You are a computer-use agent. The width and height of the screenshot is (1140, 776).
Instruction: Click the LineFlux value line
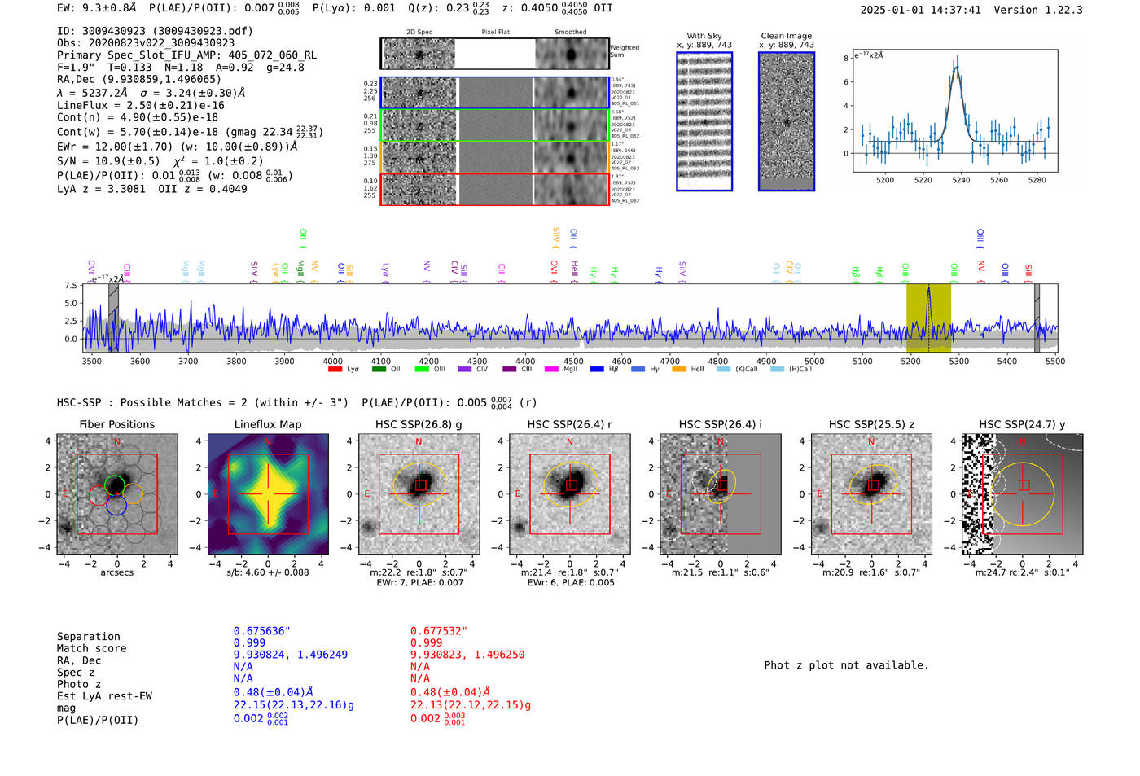point(141,105)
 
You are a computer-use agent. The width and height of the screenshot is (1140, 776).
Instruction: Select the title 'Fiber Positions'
point(116,424)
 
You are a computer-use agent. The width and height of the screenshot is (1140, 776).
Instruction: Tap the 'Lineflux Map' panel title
point(267,424)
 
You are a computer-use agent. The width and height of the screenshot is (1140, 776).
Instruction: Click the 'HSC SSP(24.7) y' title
point(1022,424)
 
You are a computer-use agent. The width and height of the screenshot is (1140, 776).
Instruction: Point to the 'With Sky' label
point(704,36)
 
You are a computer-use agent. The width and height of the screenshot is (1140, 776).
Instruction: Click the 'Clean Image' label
point(786,36)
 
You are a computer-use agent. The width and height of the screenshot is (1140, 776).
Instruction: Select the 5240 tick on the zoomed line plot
point(961,180)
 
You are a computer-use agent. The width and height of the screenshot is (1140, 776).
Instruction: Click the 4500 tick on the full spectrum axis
point(573,362)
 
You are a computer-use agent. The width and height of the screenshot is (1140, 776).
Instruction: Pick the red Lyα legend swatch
point(335,370)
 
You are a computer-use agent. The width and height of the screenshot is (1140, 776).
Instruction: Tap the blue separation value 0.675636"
point(261,631)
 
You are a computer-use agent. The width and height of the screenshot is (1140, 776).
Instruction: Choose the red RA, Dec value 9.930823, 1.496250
point(467,654)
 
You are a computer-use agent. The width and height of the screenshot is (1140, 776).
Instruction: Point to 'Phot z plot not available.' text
point(846,665)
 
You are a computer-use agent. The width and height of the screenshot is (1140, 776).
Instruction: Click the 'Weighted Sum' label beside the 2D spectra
point(624,51)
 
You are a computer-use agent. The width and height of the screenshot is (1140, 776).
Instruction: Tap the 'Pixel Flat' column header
point(495,33)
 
